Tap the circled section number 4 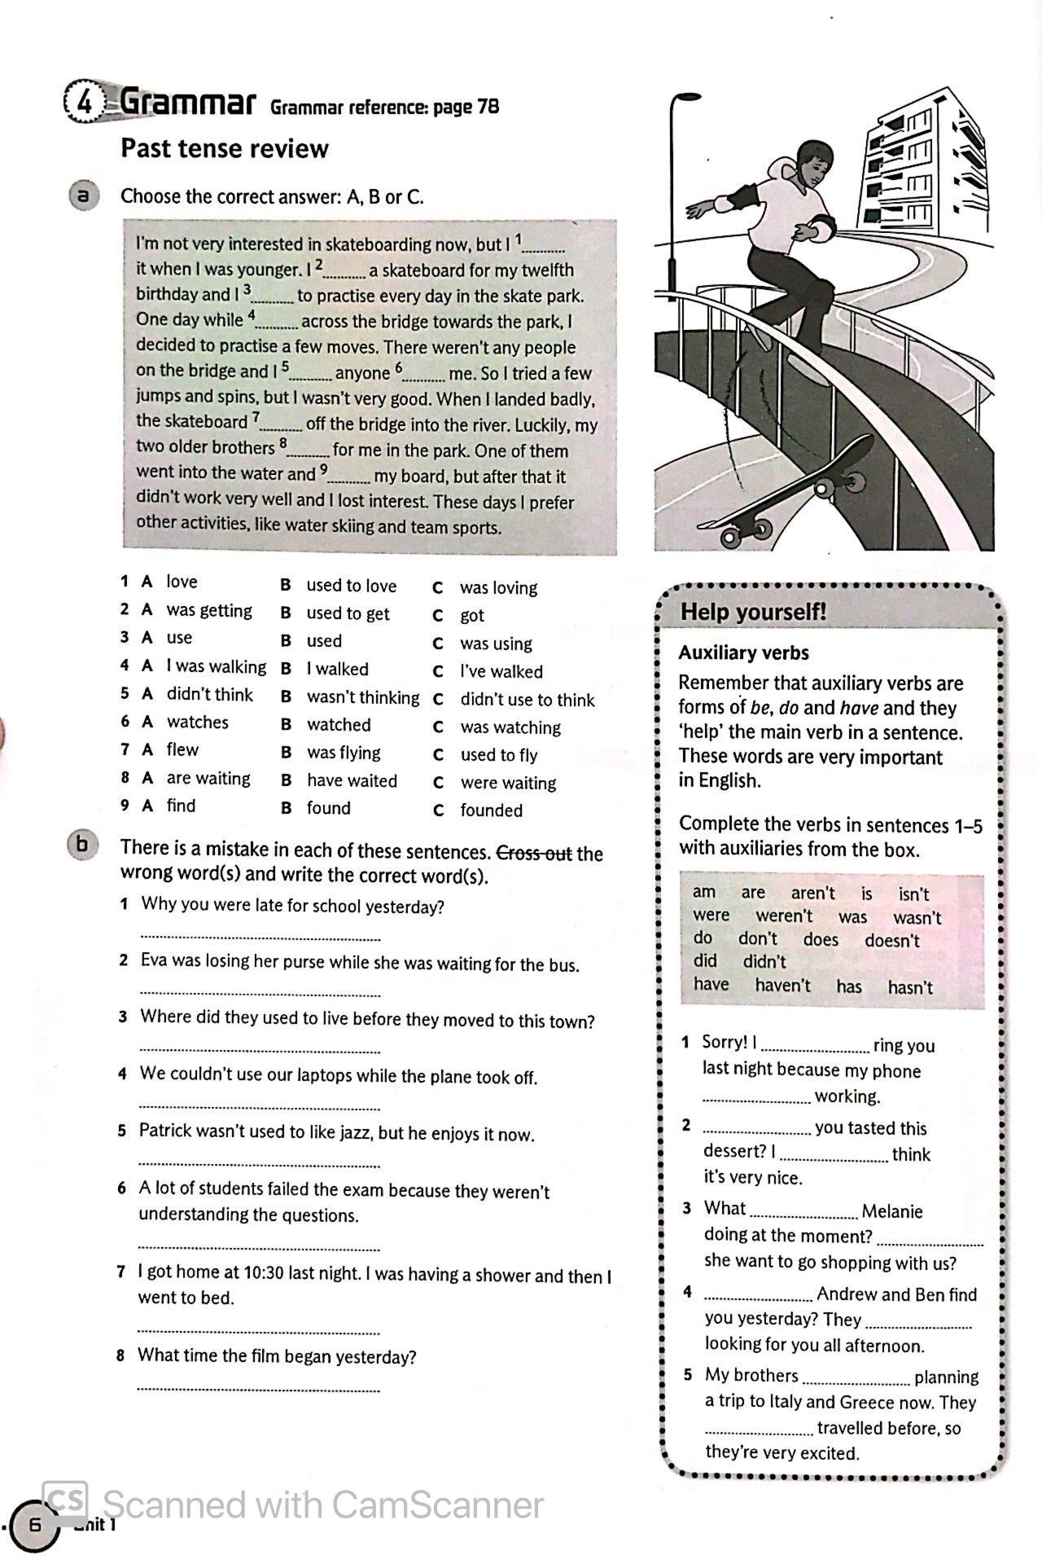point(83,103)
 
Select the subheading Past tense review point(224,148)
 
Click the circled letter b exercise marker point(81,845)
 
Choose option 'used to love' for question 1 point(351,586)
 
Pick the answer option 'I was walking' point(216,666)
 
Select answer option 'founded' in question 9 point(491,811)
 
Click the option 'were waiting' point(508,783)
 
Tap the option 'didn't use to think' point(528,700)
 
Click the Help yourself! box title point(753,612)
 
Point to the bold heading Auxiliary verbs point(743,652)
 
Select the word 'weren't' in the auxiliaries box point(784,916)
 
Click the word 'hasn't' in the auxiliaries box point(910,987)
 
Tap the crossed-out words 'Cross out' point(534,853)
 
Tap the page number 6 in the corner point(35,1524)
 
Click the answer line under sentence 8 point(259,1388)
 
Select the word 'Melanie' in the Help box point(892,1211)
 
